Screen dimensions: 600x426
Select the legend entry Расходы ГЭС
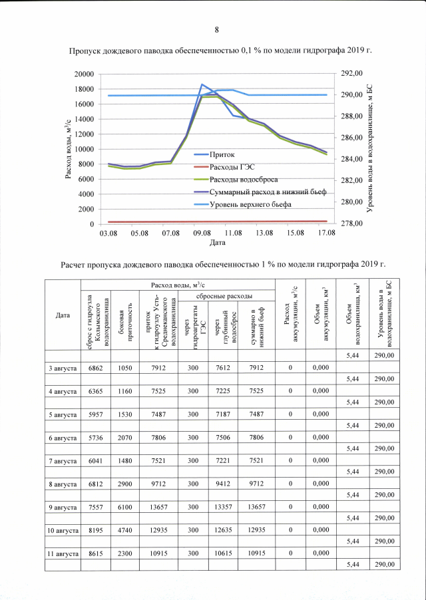click(232, 167)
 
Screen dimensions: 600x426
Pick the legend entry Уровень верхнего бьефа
click(250, 204)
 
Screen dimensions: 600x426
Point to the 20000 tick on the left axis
click(83, 74)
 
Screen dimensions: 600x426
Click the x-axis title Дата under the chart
click(217, 243)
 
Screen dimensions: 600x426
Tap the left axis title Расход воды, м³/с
click(69, 149)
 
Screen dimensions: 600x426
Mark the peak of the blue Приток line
click(202, 84)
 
